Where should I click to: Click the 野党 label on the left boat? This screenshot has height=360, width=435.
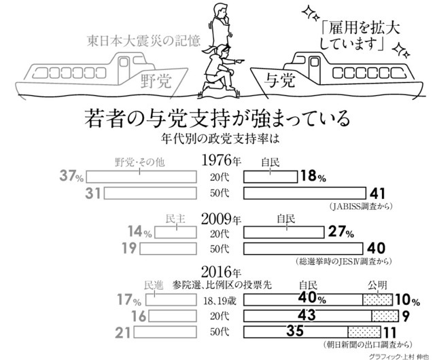point(156,82)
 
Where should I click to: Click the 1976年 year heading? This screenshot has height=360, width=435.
point(221,160)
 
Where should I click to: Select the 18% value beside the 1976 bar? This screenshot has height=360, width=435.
point(313,176)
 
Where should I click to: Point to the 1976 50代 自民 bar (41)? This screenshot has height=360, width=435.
point(304,193)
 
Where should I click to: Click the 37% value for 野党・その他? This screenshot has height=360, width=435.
point(71,176)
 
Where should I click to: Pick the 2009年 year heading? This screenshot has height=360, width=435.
point(221,219)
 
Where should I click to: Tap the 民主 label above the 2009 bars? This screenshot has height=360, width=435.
point(175,219)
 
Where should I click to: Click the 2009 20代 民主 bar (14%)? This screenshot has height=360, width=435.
point(175,232)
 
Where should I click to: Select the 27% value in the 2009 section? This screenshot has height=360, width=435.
point(341,232)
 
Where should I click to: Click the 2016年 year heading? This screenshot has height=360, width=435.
point(221,272)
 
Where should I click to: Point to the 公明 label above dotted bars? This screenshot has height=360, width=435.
point(377,285)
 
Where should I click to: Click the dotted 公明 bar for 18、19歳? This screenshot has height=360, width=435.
point(378,300)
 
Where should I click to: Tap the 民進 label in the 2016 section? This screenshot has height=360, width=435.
point(154,285)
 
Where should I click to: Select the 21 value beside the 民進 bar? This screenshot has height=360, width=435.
point(122,332)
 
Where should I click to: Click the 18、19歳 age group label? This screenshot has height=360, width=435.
point(220,301)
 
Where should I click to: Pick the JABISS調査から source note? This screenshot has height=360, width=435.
point(361,206)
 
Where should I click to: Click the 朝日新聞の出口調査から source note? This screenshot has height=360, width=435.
point(368,345)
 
